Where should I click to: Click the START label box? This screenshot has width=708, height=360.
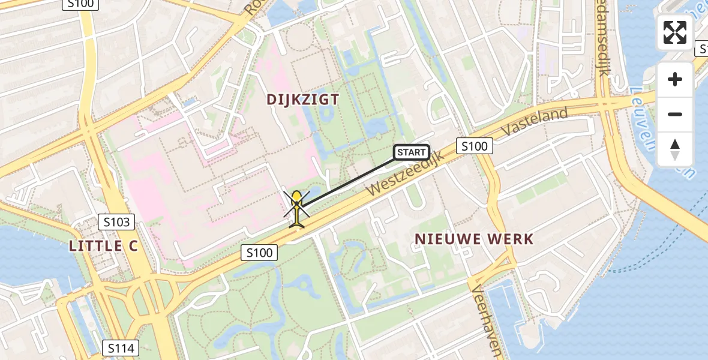tap(412, 152)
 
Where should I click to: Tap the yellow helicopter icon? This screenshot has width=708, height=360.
tap(296, 206)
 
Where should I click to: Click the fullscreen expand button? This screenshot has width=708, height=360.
tap(675, 32)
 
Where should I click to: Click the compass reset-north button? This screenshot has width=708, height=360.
tap(675, 149)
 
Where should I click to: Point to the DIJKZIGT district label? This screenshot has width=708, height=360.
tap(303, 100)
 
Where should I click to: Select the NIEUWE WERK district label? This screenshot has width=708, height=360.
tap(474, 239)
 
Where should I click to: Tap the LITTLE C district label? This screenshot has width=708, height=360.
tap(104, 245)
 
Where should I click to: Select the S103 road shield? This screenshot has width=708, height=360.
tap(116, 222)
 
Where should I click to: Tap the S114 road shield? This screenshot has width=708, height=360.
tap(121, 347)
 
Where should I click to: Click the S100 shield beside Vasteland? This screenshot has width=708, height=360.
tap(475, 146)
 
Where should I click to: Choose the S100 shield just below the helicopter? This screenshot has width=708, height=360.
tap(260, 253)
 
